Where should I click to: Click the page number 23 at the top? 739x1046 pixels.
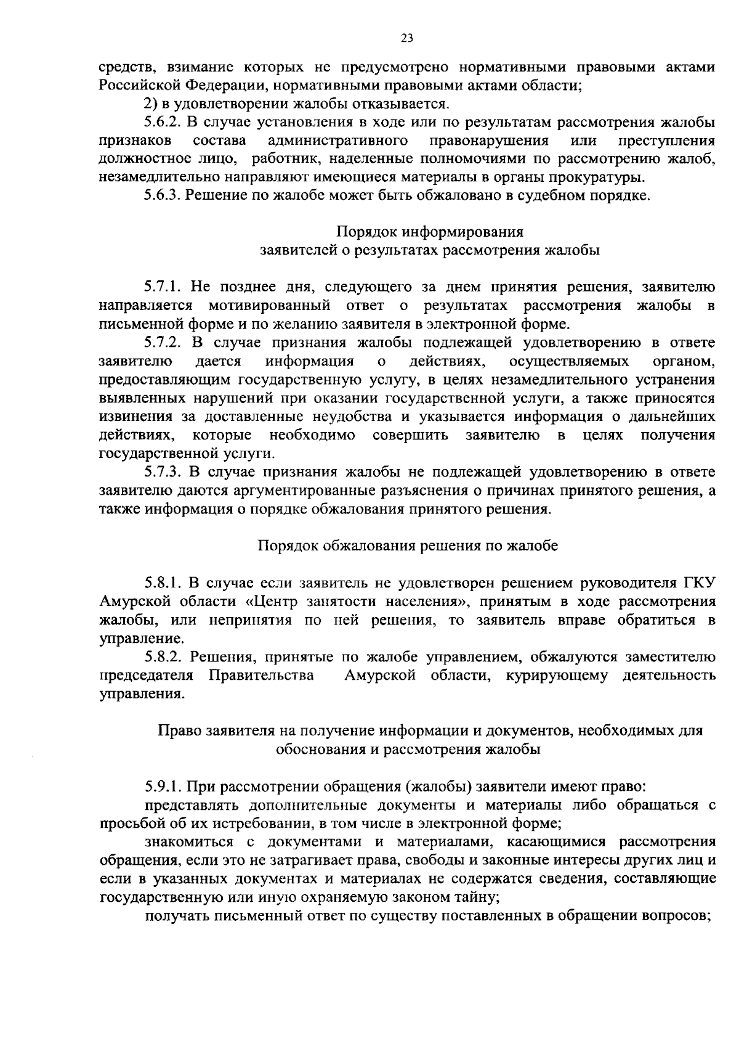[406, 38]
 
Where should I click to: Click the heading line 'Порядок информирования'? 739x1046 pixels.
[430, 232]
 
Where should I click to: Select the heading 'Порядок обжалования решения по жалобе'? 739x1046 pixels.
[408, 546]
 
